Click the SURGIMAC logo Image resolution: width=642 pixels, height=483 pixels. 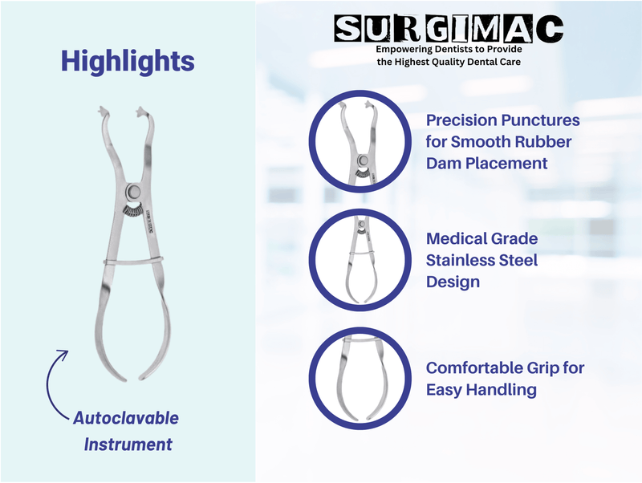449,29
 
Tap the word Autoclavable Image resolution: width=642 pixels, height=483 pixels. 126,418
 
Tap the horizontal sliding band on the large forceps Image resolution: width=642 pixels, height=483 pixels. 133,261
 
